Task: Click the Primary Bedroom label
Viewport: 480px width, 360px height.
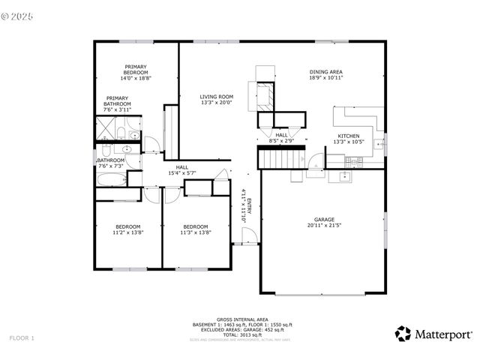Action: pyautogui.click(x=136, y=70)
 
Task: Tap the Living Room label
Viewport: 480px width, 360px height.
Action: pyautogui.click(x=217, y=96)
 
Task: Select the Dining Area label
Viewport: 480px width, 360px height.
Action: pyautogui.click(x=325, y=72)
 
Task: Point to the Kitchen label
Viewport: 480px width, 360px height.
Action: pyautogui.click(x=349, y=136)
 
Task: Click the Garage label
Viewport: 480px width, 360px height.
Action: pyautogui.click(x=324, y=219)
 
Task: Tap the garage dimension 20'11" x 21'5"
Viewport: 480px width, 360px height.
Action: pyautogui.click(x=324, y=225)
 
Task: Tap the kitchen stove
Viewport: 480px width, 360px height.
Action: pyautogui.click(x=353, y=160)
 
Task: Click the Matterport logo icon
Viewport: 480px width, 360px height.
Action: pyautogui.click(x=403, y=332)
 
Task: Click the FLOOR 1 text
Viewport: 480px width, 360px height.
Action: pyautogui.click(x=22, y=338)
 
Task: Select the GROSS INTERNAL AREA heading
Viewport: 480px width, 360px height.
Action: pyautogui.click(x=239, y=318)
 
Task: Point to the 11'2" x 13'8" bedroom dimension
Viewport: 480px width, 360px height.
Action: pyautogui.click(x=127, y=232)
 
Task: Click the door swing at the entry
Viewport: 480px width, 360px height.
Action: pyautogui.click(x=250, y=235)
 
